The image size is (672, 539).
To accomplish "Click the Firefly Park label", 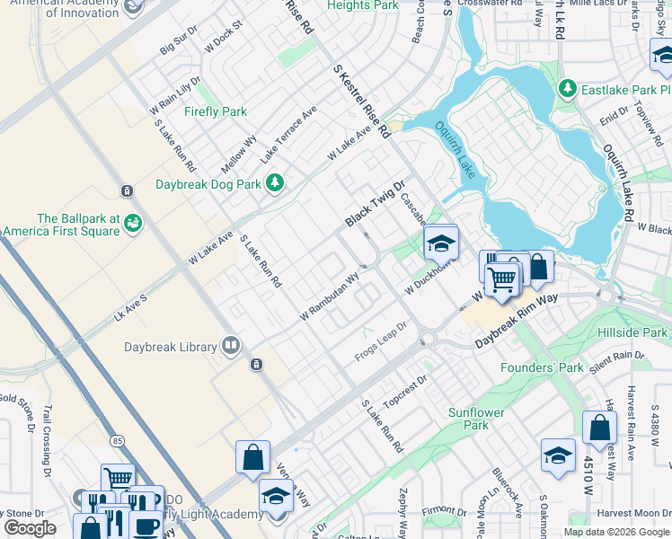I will [x=215, y=112].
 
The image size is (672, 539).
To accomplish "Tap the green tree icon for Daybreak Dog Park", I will [x=275, y=183].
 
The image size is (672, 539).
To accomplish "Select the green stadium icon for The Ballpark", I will [x=133, y=221].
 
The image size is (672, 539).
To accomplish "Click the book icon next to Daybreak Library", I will [x=231, y=346].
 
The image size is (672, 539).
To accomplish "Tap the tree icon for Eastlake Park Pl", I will [x=567, y=89].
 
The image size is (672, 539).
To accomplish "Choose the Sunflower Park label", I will [x=476, y=419].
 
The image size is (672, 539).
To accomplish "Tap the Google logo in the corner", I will [x=30, y=528].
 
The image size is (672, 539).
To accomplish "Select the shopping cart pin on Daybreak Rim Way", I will [x=501, y=280].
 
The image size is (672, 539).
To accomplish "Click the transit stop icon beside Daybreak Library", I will [x=256, y=365].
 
